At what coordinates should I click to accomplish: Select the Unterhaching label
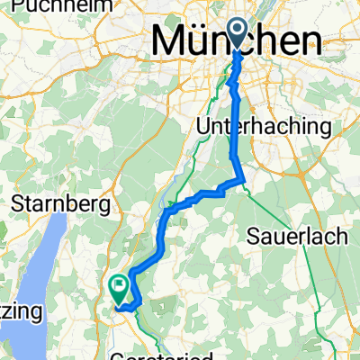[x=264, y=127]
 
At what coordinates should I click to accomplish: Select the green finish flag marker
[x=119, y=287]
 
